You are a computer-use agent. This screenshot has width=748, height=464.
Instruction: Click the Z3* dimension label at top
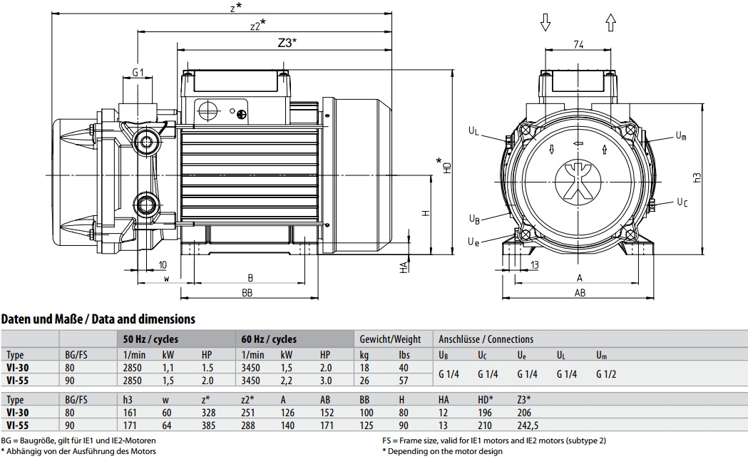(287, 43)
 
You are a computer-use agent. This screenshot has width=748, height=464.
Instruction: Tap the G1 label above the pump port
(138, 73)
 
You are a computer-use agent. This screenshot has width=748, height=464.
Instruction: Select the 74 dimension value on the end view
(578, 44)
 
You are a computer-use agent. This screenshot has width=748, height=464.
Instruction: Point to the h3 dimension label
(697, 177)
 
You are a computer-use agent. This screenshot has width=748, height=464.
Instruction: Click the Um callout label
(681, 136)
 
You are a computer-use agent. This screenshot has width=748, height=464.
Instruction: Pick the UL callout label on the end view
(473, 130)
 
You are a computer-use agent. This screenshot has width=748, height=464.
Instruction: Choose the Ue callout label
(473, 242)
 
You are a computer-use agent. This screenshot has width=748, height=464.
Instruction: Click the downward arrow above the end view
(545, 22)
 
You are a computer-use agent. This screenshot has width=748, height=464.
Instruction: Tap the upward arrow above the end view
(610, 22)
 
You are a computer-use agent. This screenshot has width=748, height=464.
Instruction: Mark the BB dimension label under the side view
(247, 293)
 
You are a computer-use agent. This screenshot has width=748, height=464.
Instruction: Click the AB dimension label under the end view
(580, 293)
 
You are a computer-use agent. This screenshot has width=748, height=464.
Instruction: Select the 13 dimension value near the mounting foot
(534, 265)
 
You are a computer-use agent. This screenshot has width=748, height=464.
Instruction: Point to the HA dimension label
(404, 267)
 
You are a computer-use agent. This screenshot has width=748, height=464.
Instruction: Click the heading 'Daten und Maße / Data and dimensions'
(98, 319)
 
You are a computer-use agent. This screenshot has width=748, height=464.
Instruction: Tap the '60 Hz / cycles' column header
(269, 339)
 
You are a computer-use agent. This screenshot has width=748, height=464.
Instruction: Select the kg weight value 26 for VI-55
(364, 381)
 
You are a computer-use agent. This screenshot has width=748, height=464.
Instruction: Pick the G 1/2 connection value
(606, 374)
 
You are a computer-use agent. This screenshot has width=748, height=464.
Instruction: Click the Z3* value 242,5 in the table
(528, 426)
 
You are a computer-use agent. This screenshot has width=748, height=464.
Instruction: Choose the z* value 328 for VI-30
(208, 413)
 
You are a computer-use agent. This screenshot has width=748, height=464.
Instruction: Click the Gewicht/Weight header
(390, 339)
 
